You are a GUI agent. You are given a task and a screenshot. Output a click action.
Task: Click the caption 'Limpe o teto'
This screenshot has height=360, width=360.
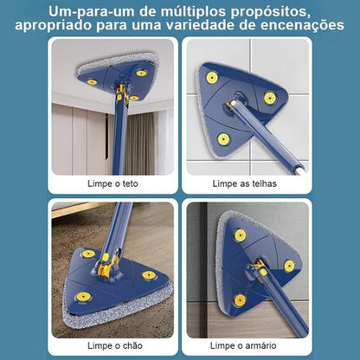pos(112,183)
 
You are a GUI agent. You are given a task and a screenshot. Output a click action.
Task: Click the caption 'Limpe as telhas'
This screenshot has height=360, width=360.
pos(249,183)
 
